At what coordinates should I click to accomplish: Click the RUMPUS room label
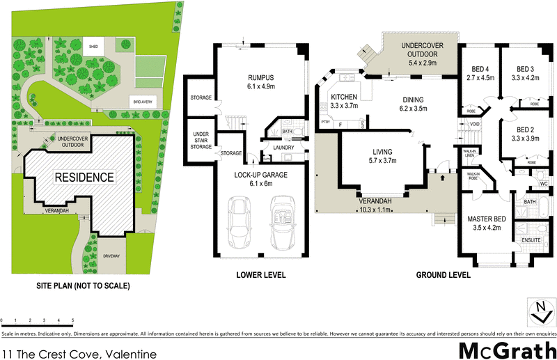point(261,78)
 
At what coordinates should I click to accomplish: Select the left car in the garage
point(240,222)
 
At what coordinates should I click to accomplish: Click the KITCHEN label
point(344,97)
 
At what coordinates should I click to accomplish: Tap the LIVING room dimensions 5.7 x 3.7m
point(382,161)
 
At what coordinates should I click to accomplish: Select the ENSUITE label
point(531,240)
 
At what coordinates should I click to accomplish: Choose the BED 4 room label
point(479,68)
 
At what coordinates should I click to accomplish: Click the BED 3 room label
point(526,68)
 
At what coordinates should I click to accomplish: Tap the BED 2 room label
point(526,130)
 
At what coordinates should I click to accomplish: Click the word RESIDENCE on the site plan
point(84,177)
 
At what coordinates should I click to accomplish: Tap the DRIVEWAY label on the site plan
point(111,256)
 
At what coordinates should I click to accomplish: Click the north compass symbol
point(539,310)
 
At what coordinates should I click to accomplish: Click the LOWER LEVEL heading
point(261,275)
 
